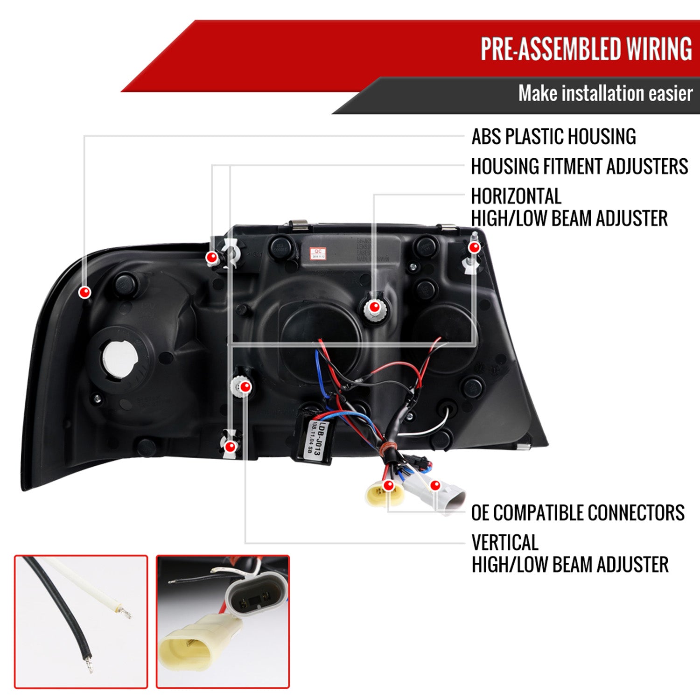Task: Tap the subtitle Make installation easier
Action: point(605,93)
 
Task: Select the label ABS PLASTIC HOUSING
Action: point(553,137)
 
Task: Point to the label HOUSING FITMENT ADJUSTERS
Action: point(579,167)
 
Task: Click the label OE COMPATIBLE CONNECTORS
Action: point(578,513)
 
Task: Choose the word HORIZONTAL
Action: point(516,196)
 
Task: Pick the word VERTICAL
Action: point(504,543)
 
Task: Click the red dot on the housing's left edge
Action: point(84,293)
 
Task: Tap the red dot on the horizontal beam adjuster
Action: point(374,307)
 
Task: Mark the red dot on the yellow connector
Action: point(388,486)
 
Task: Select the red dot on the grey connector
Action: point(435,486)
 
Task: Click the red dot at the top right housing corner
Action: point(474,247)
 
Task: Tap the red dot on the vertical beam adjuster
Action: point(245,386)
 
